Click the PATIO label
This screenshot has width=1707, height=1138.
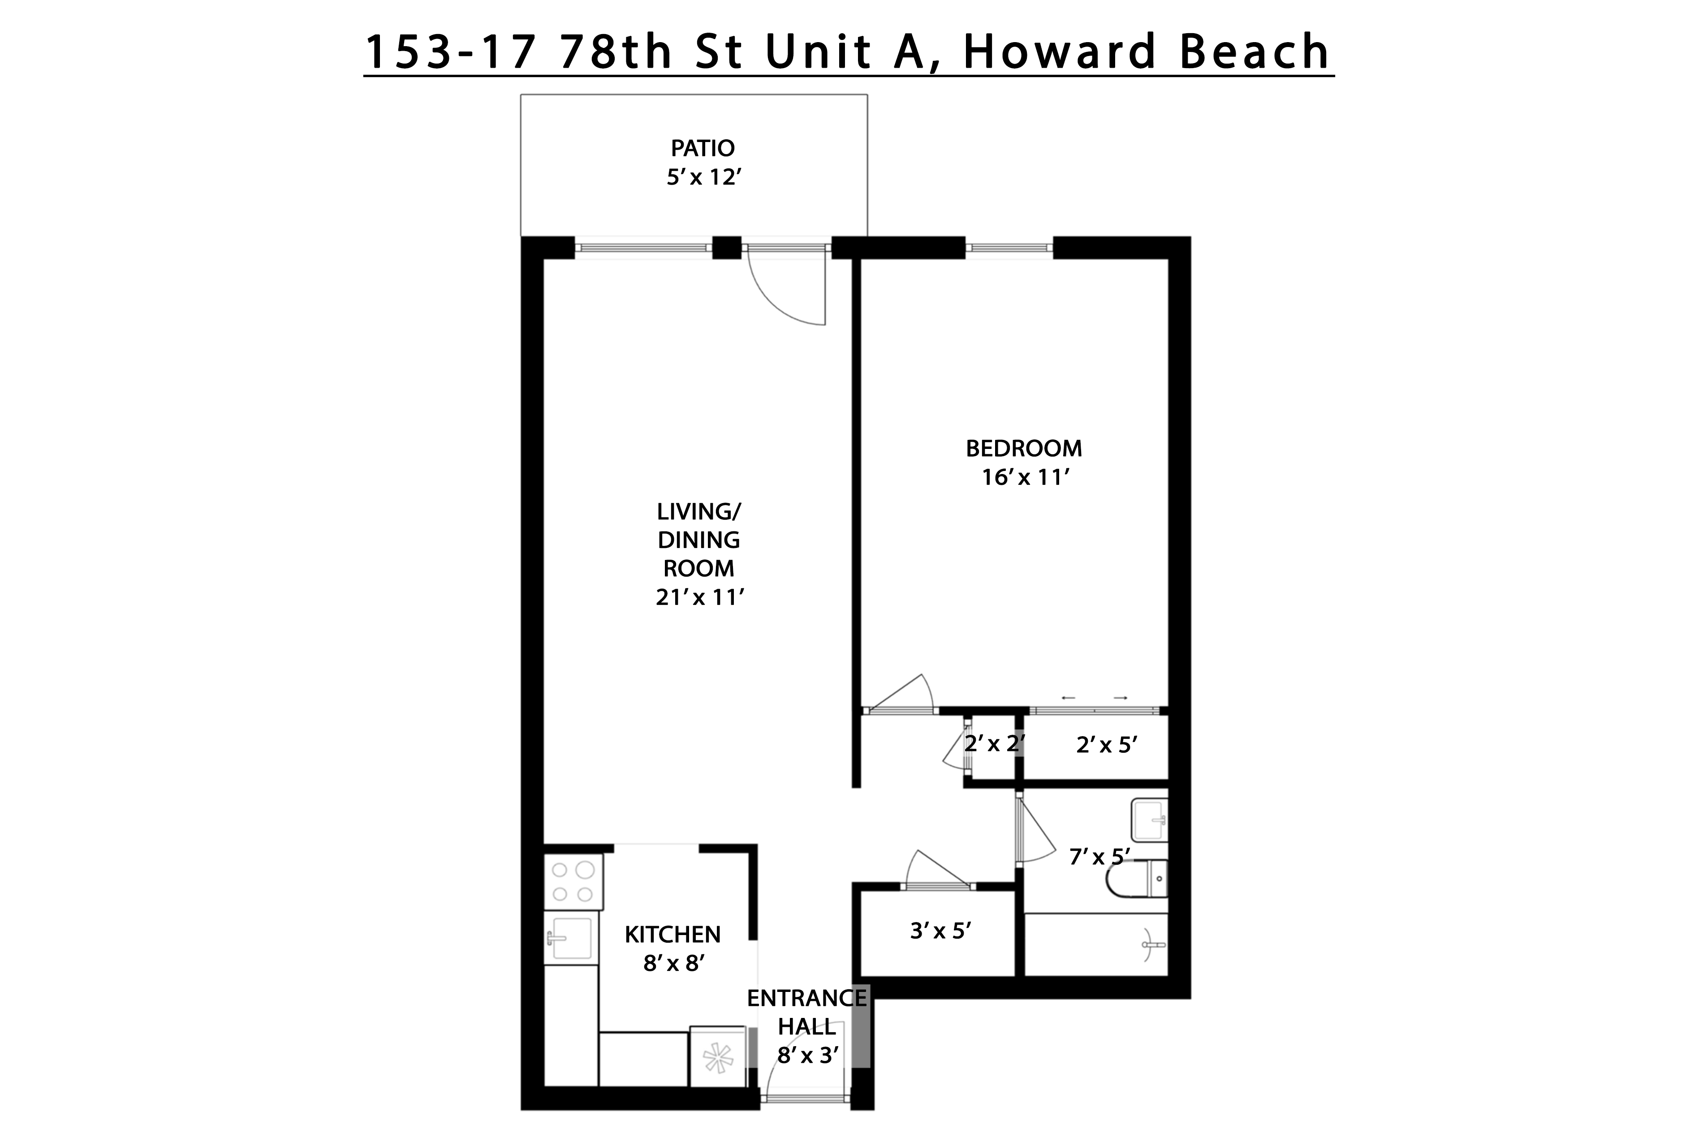[x=702, y=148]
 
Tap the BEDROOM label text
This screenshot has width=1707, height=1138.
[x=1023, y=448]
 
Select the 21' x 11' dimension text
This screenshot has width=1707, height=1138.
[x=700, y=597]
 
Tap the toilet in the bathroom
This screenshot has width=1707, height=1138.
[x=1138, y=879]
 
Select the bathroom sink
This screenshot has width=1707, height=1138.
[x=1150, y=820]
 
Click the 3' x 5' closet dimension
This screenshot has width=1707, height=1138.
[x=940, y=931]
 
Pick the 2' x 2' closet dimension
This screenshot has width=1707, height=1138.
[x=994, y=743]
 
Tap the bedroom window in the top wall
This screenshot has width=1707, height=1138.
[x=1009, y=248]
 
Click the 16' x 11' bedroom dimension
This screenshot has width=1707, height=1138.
[x=1026, y=478]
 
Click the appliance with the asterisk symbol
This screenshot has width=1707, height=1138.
[x=717, y=1057]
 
